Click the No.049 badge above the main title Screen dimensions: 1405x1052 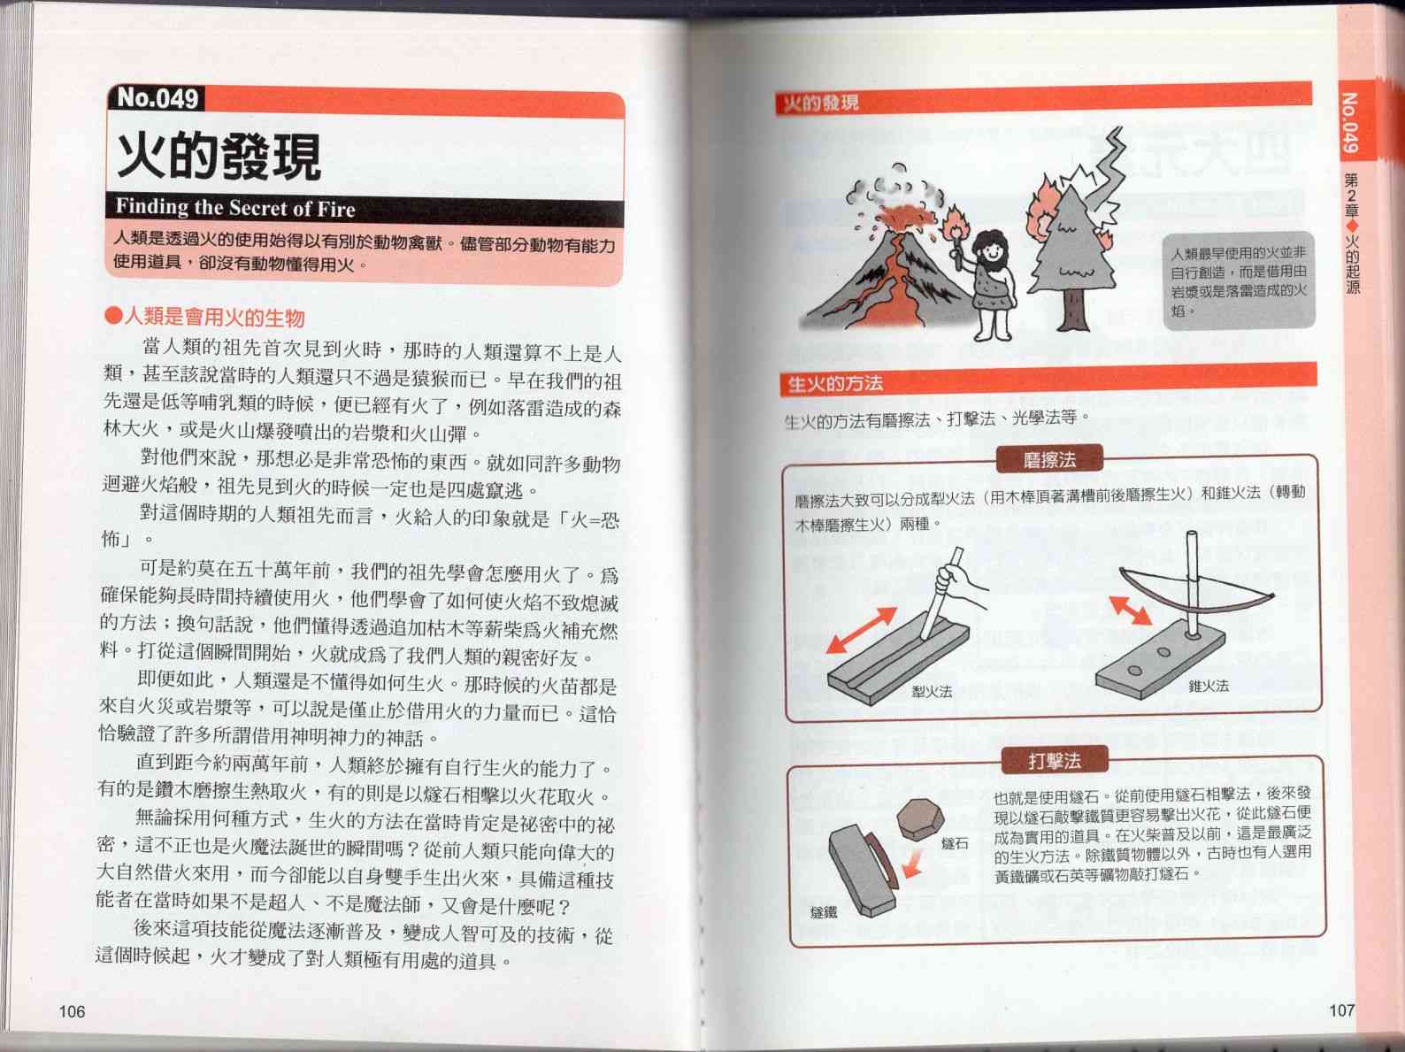(157, 98)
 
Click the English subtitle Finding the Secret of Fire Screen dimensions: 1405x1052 (235, 208)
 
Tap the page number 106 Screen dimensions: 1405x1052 (72, 1011)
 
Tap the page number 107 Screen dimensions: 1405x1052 (1341, 1010)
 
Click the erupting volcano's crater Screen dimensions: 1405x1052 (902, 218)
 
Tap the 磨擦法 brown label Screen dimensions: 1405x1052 (1049, 459)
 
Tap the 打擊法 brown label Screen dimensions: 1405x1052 (1055, 760)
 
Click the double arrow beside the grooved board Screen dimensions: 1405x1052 (861, 630)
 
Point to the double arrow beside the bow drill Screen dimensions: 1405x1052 (1130, 610)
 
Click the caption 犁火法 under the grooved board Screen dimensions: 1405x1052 (932, 692)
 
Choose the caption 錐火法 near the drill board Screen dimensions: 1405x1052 (1209, 686)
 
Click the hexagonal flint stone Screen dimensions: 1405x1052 (920, 819)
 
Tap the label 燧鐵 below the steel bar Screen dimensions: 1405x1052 (824, 912)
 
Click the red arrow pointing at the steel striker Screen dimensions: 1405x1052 (913, 864)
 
